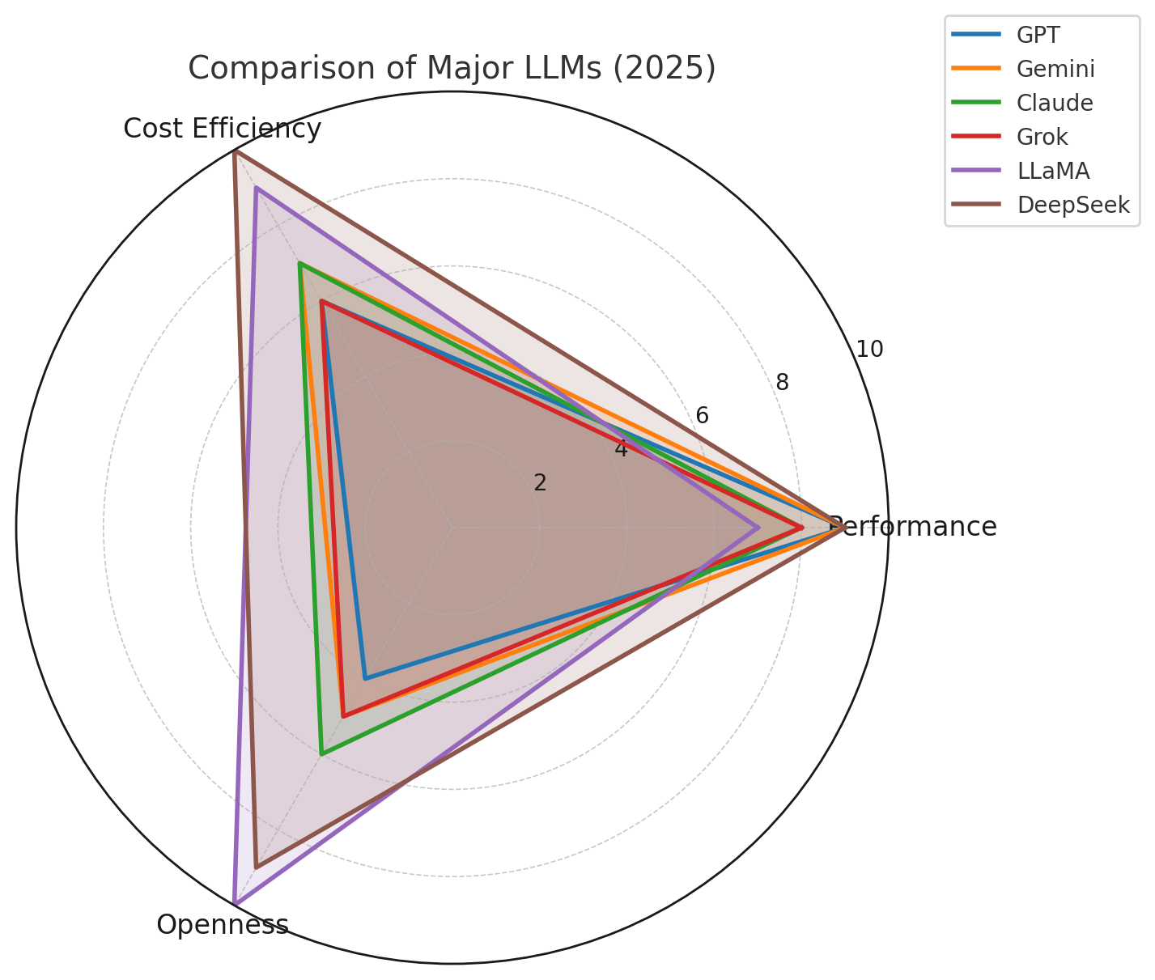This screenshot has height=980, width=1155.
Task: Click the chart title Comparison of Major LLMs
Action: (452, 69)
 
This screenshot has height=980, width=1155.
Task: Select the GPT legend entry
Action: (1038, 35)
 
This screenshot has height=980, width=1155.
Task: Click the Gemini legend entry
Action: (1055, 69)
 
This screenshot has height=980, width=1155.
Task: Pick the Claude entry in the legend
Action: (1055, 103)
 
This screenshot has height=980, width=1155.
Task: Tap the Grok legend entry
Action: (1042, 137)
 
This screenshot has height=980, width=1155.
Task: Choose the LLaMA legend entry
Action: (1053, 171)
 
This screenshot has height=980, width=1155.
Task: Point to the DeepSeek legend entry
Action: (1072, 205)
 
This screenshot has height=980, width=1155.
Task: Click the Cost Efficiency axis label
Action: (223, 129)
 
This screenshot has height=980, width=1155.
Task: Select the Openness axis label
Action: (223, 924)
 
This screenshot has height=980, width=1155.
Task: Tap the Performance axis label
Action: (913, 527)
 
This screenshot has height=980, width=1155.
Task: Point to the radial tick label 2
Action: (540, 483)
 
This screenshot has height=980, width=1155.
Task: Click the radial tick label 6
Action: (702, 416)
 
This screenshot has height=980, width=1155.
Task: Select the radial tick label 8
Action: (782, 383)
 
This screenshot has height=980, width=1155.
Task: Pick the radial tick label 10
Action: (870, 350)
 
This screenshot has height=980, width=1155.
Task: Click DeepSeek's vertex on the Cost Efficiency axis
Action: (235, 151)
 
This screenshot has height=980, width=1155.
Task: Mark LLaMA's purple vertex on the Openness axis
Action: (235, 902)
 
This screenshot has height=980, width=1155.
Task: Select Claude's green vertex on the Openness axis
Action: (322, 753)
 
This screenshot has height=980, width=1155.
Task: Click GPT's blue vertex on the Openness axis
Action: (366, 678)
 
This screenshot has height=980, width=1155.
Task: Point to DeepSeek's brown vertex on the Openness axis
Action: (256, 867)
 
